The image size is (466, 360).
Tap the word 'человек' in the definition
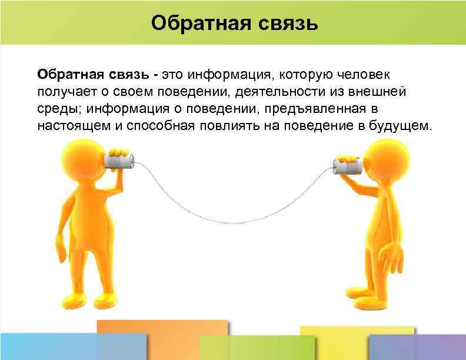(x=367, y=75)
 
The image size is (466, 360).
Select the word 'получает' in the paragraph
(x=62, y=92)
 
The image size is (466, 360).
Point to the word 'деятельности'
(x=271, y=92)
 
